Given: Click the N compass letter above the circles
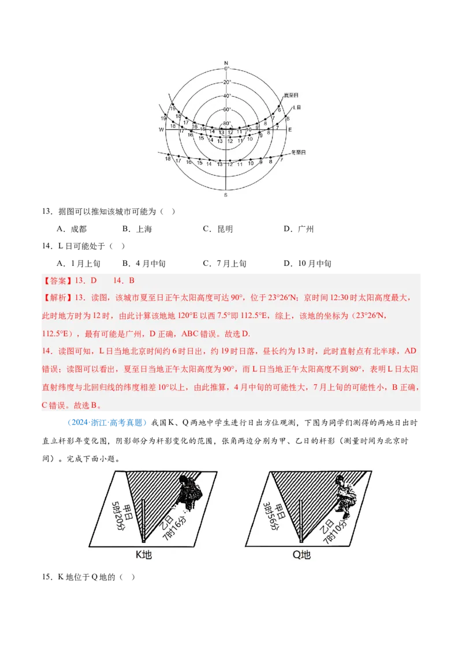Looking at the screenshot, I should pos(226,62).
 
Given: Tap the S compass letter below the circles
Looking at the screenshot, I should pos(226,196).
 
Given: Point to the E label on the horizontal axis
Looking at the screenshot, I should pos(290,129).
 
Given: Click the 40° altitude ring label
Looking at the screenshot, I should pos(226,96).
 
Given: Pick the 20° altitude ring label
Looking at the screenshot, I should pos(226,82).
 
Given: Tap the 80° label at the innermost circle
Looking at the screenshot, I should pos(226,123).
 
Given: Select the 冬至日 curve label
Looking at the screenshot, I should pos(297,152).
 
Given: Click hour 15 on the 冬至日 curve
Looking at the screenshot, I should pos(199,163).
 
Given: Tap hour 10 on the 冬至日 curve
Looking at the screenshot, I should pos(251,163).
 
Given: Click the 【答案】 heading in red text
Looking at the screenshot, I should pos(55,281).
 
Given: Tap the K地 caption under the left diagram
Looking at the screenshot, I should pos(143,555).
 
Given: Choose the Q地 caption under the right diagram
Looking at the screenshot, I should pos(301,555).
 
